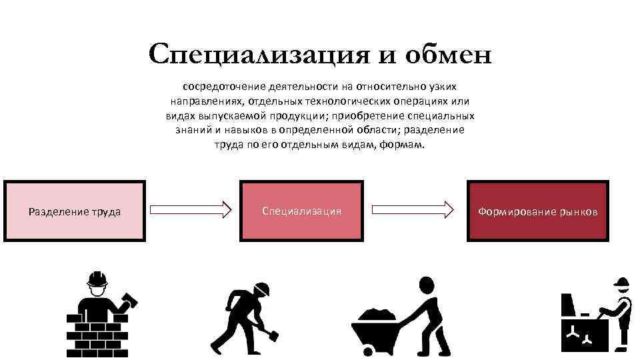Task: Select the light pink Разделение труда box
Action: click(x=74, y=211)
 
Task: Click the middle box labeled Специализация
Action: click(x=301, y=211)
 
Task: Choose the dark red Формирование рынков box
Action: click(x=537, y=211)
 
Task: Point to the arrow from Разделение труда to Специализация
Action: click(x=191, y=211)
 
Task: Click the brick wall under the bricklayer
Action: click(x=97, y=333)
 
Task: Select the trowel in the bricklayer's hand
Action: click(x=129, y=299)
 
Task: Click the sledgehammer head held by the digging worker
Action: click(x=271, y=331)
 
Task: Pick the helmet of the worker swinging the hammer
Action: click(x=262, y=288)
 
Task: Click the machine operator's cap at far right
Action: click(x=621, y=283)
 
